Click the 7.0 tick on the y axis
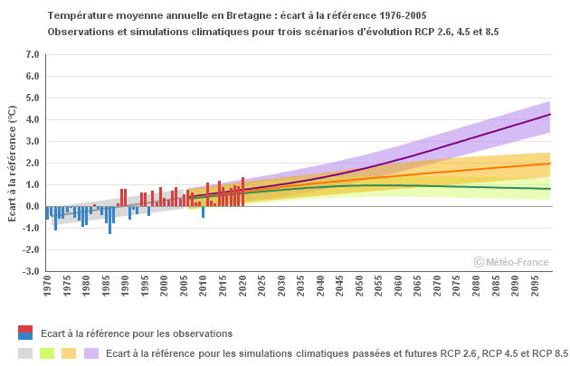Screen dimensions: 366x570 (x=32, y=54)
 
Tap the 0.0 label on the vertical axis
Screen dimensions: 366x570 (x=32, y=206)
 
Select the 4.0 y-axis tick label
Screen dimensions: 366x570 (x=32, y=119)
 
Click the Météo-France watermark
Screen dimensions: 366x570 (x=511, y=262)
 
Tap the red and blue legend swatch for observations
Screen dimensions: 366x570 (x=25, y=333)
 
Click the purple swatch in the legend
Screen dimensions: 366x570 (x=90, y=352)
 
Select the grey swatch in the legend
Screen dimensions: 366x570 (x=25, y=352)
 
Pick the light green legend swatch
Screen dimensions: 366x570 (x=47, y=352)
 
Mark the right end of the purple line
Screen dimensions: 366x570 (x=550, y=115)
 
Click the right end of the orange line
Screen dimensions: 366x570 (x=550, y=164)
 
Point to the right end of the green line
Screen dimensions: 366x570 (x=550, y=189)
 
